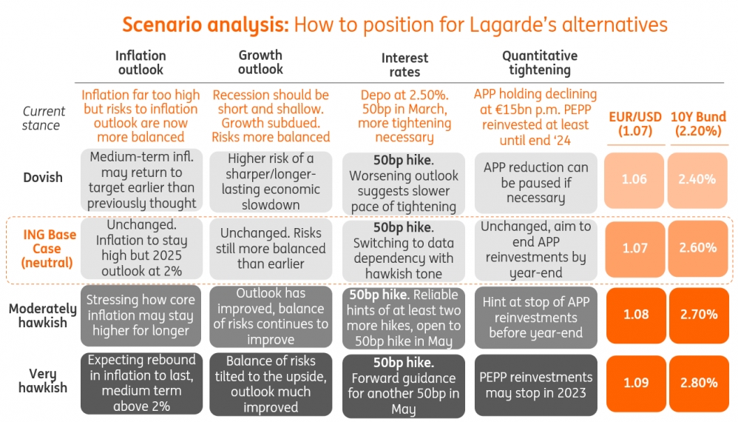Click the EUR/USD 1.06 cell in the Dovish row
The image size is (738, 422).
click(x=634, y=179)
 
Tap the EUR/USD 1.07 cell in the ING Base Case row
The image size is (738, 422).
click(x=634, y=248)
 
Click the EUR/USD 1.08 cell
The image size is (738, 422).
click(x=634, y=315)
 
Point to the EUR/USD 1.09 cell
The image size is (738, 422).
click(x=634, y=383)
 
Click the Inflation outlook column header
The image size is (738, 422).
click(x=141, y=62)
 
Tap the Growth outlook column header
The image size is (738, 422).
click(x=260, y=62)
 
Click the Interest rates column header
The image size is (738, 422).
click(x=404, y=64)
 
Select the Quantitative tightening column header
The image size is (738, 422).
click(x=540, y=63)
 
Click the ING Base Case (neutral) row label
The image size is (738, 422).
click(x=48, y=249)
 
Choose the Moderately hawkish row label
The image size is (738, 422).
click(x=42, y=315)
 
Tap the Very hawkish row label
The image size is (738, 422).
click(x=42, y=381)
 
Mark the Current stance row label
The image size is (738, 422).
click(x=44, y=118)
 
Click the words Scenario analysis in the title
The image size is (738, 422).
click(x=206, y=24)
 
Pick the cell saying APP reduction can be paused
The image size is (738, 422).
click(x=535, y=182)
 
